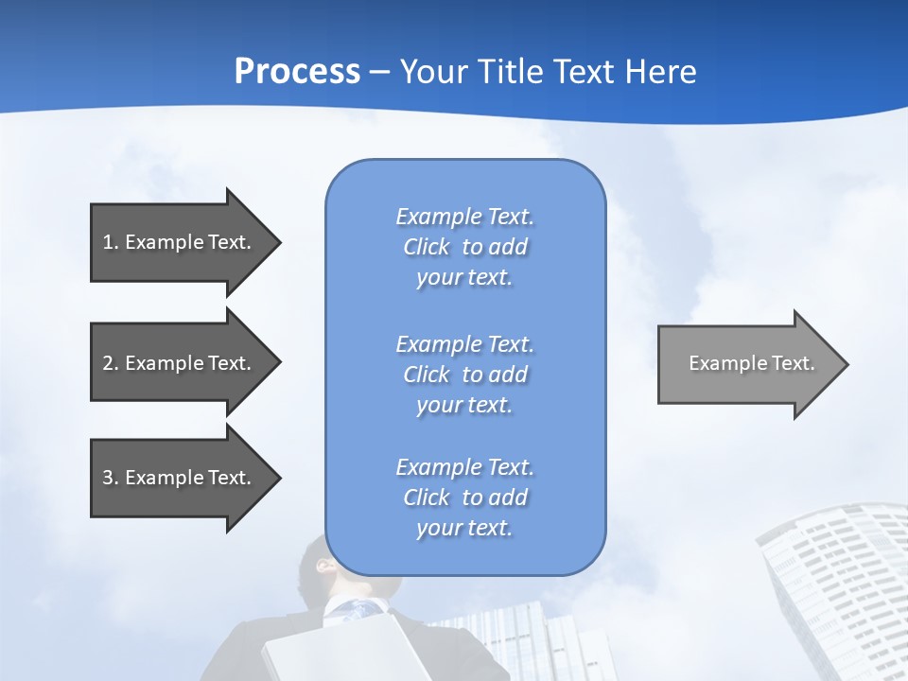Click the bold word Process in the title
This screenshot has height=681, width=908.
click(297, 72)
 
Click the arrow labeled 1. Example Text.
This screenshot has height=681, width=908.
click(180, 242)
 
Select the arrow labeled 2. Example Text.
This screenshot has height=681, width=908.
click(180, 363)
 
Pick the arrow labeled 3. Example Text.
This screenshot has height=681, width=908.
click(180, 478)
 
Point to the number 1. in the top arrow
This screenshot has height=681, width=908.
click(111, 242)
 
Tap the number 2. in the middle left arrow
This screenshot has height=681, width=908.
click(111, 363)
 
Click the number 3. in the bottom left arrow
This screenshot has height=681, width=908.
click(111, 478)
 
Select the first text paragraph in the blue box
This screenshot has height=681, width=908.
click(464, 247)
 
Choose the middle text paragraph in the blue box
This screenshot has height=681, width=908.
click(464, 375)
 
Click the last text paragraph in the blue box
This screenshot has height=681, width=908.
click(464, 498)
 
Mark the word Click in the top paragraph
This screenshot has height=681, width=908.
click(427, 247)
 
